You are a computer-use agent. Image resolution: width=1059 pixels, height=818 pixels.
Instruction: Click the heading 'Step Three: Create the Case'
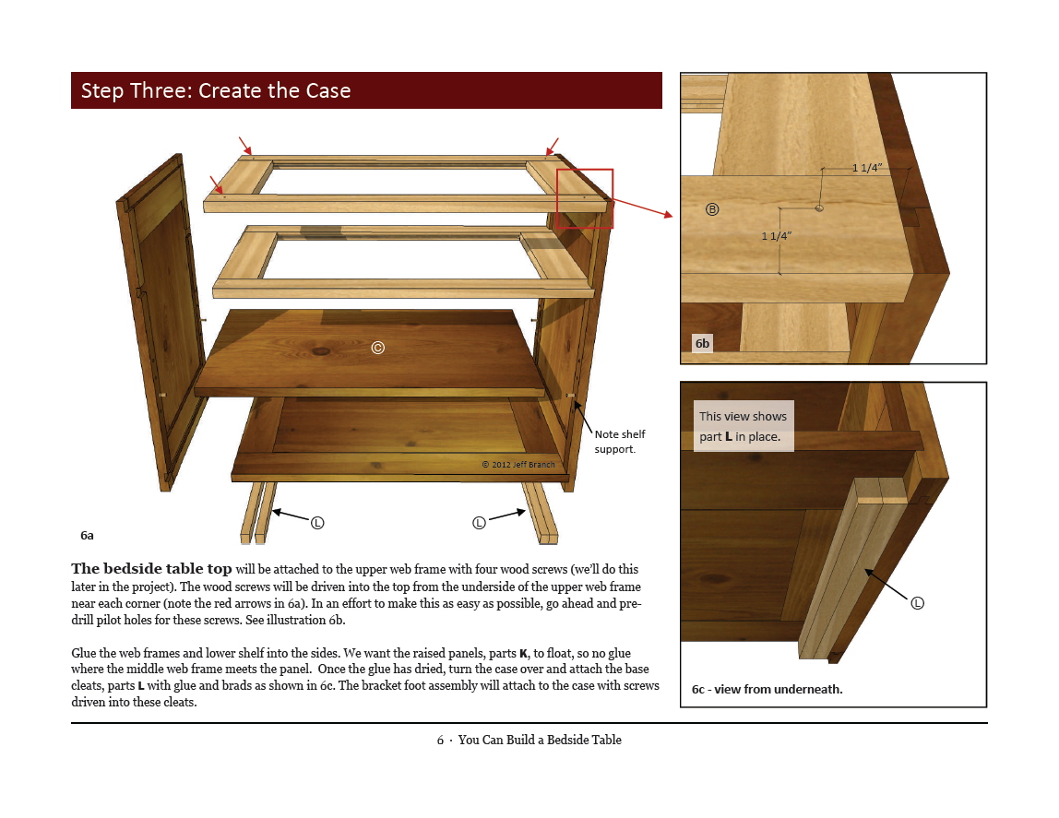pos(216,90)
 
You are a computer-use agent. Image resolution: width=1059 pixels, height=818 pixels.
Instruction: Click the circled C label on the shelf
pos(377,348)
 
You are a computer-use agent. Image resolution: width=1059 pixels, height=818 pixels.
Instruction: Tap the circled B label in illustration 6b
pos(712,209)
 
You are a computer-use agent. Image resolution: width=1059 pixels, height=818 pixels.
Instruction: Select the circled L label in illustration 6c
pos(917,603)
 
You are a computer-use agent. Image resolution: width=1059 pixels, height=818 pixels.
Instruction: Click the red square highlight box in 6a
pos(585,198)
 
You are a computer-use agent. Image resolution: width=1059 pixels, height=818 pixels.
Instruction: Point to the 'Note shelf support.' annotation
pos(619,442)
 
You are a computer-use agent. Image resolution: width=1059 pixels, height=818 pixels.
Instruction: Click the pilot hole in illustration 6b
pos(819,208)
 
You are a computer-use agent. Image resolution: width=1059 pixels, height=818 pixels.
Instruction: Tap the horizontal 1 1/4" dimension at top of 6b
pos(866,168)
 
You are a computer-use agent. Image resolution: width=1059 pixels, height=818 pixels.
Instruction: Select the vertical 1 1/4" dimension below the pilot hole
pos(776,236)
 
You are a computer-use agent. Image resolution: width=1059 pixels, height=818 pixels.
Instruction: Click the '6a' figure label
pos(87,535)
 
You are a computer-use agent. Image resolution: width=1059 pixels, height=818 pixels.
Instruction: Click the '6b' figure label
pos(703,343)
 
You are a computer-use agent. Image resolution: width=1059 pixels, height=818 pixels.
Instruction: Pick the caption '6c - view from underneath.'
pos(767,689)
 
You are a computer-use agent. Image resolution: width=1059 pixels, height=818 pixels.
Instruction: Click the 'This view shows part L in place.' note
pos(743,426)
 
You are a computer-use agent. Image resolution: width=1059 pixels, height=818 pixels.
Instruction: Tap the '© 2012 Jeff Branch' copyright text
pos(518,465)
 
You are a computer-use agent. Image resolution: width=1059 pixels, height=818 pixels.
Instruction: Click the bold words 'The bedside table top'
pos(151,569)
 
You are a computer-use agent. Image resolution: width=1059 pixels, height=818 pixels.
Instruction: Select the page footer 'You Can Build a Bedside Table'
pos(539,740)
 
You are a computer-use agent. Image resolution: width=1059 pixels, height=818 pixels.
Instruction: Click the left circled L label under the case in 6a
pos(317,523)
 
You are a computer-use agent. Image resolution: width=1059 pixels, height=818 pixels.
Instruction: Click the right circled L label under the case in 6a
pos(479,523)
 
